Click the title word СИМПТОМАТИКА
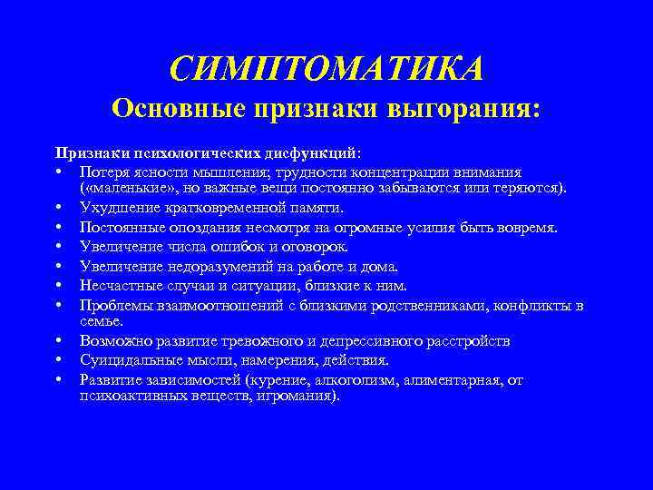pyautogui.click(x=326, y=69)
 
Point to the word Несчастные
pyautogui.click(x=119, y=284)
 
